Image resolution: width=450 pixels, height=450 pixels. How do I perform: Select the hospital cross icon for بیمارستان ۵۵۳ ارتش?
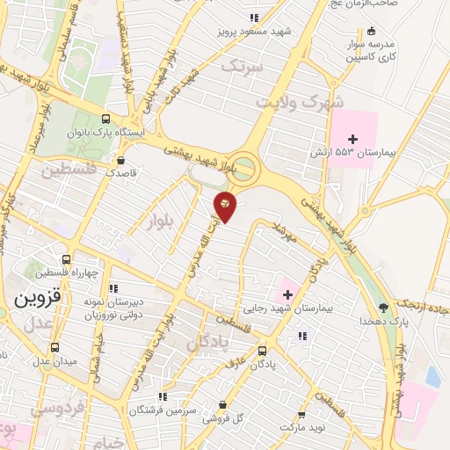click(x=353, y=139)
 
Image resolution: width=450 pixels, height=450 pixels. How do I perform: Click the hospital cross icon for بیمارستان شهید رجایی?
click(x=287, y=293)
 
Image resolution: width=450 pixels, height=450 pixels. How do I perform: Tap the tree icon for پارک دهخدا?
click(x=382, y=307)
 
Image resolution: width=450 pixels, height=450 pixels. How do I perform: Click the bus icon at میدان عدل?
click(x=55, y=347)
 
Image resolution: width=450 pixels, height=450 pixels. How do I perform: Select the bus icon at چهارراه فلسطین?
click(x=90, y=272)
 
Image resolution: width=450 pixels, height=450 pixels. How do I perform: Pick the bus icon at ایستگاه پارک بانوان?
click(x=106, y=120)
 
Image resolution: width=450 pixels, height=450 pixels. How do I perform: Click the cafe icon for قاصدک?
click(x=121, y=160)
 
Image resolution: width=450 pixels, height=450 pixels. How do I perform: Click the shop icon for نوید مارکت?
click(x=301, y=415)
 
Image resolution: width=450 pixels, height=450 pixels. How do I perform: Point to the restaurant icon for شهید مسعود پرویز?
click(x=253, y=18)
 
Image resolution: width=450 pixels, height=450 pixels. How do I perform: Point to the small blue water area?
click(x=432, y=377)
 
